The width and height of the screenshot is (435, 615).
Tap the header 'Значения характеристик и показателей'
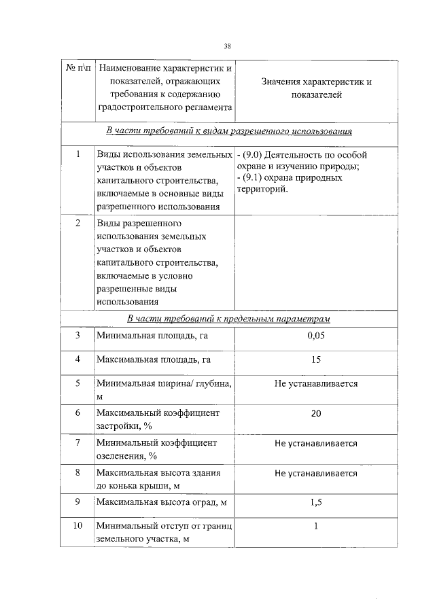316,88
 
